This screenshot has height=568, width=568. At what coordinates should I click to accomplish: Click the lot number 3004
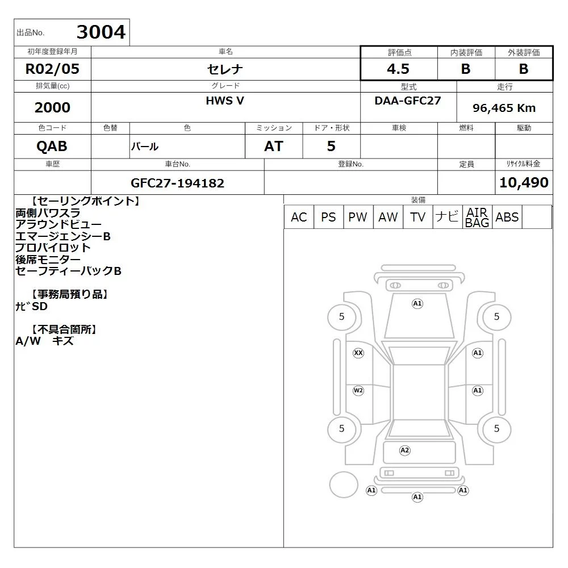(x=101, y=32)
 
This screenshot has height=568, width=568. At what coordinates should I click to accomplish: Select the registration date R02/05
(x=52, y=69)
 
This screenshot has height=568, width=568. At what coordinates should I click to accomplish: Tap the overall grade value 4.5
(x=398, y=69)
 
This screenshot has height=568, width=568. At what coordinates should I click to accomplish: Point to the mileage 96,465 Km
(x=504, y=108)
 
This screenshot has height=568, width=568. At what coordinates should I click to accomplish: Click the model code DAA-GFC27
(x=408, y=101)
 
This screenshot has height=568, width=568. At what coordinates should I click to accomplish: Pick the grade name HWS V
(x=225, y=101)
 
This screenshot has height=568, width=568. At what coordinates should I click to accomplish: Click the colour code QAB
(x=52, y=147)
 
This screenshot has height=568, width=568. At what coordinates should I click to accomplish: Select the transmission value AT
(x=274, y=147)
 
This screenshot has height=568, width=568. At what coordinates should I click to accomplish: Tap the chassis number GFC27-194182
(x=177, y=183)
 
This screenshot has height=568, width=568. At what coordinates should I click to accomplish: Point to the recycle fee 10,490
(x=524, y=182)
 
